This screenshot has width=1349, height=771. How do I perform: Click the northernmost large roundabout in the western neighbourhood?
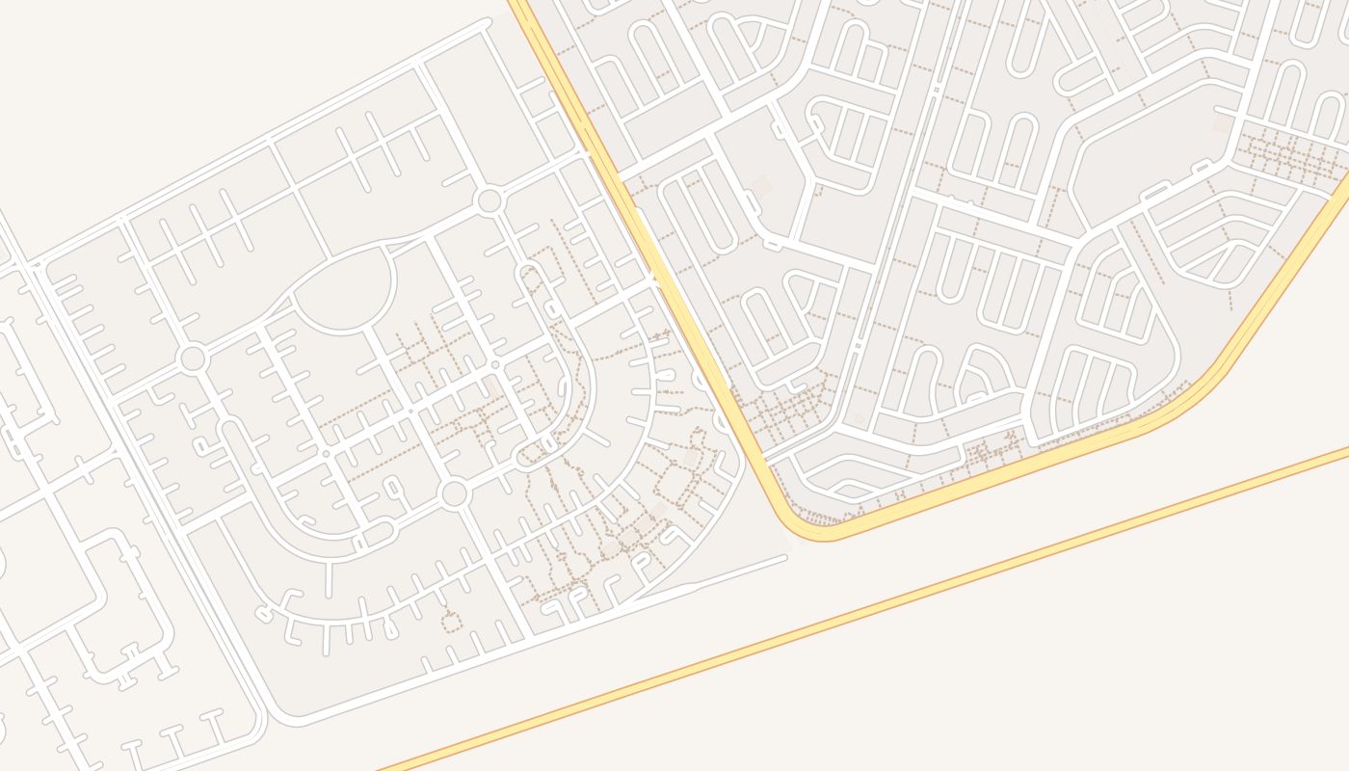[x=489, y=201]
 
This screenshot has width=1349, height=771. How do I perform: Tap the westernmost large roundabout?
[x=193, y=359]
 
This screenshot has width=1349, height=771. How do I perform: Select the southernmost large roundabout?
[x=453, y=494]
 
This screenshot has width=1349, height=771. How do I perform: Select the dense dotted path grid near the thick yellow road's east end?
[x=1291, y=154]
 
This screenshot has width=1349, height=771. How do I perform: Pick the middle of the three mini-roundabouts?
[x=410, y=411]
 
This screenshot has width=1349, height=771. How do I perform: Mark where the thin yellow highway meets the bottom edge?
[x=385, y=768]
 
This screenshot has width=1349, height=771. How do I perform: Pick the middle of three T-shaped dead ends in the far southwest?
[x=174, y=737]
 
